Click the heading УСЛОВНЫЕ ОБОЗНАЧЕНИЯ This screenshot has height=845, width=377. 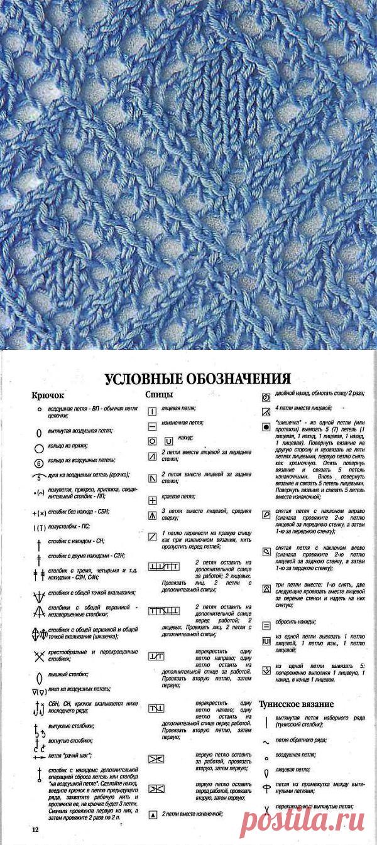(197, 379)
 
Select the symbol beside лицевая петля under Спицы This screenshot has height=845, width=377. (152, 412)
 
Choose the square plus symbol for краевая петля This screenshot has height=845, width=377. (152, 500)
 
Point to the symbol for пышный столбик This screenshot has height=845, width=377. (38, 678)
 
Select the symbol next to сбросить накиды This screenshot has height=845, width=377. (266, 625)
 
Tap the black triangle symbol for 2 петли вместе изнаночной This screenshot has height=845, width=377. (152, 815)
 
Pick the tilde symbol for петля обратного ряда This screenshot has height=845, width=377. (266, 741)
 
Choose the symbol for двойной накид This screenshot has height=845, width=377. (266, 397)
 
